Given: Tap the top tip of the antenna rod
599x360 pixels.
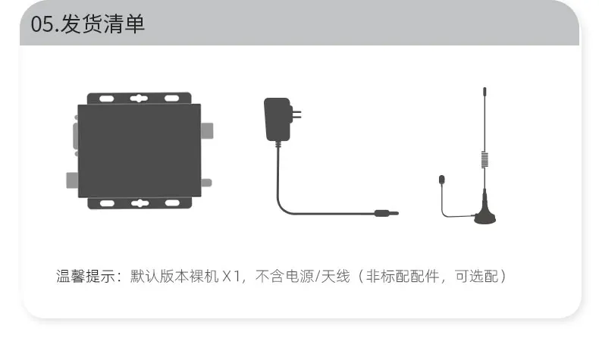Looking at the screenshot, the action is [x=483, y=91].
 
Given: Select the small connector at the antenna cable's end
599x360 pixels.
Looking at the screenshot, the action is [x=441, y=180].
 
